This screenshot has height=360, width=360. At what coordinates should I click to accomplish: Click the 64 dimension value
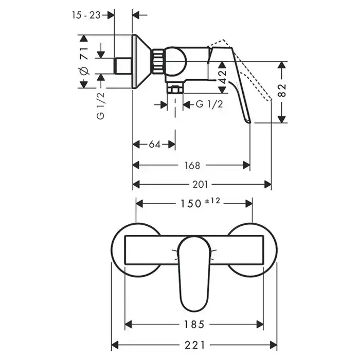155,145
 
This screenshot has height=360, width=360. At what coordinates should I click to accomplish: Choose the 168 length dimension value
191,165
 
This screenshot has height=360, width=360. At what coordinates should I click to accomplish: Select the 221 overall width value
194,344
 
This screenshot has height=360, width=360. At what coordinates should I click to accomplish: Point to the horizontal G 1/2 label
209,104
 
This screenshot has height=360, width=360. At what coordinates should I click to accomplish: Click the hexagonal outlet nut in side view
176,91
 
